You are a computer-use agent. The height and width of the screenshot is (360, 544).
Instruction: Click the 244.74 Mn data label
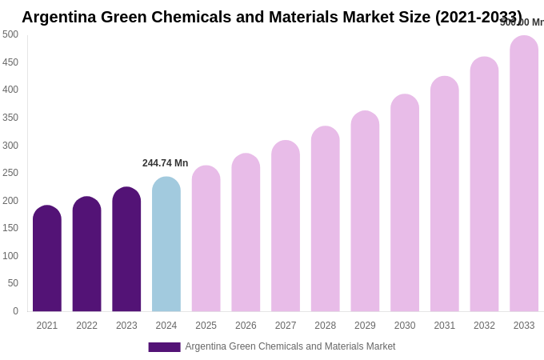click(166, 163)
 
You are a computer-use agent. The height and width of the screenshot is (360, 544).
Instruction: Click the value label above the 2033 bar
click(522, 22)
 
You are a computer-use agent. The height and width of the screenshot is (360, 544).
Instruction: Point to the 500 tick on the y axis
click(10, 34)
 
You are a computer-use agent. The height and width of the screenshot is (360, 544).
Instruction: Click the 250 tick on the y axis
click(10, 173)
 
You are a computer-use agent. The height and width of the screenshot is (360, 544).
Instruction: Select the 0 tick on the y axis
click(15, 311)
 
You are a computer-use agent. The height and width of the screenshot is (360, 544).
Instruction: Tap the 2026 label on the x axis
click(246, 326)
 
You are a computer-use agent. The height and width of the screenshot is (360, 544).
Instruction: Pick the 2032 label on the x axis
click(484, 326)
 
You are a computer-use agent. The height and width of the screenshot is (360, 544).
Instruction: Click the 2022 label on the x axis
click(87, 326)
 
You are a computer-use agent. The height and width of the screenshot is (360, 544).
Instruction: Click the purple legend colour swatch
click(164, 347)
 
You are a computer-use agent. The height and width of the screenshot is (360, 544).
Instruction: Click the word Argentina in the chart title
click(58, 17)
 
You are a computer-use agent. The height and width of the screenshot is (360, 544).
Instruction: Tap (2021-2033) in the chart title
click(478, 17)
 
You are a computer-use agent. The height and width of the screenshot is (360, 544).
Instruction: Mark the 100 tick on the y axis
click(10, 256)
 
